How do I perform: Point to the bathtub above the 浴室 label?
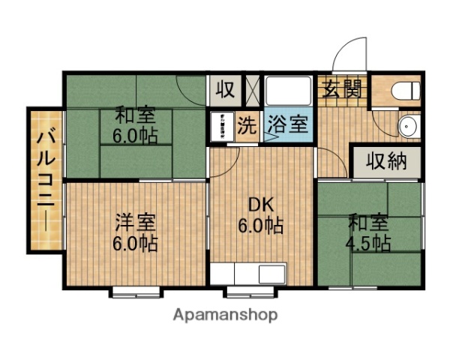tap(289, 91)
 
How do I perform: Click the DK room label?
tap(259, 204)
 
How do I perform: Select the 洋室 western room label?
tap(136, 223)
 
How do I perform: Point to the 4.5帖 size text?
tap(369, 243)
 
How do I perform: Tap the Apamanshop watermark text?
tap(225, 314)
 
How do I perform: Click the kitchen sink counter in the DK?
tap(248, 274)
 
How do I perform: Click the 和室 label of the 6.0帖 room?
tap(135, 117)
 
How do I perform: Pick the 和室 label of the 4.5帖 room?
tap(368, 223)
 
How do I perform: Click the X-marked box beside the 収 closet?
tap(252, 90)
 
